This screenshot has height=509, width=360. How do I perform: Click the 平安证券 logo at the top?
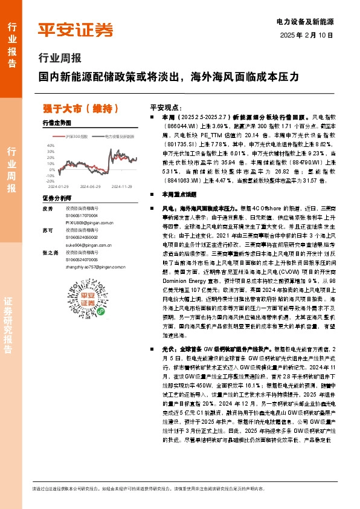(x=75, y=30)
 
